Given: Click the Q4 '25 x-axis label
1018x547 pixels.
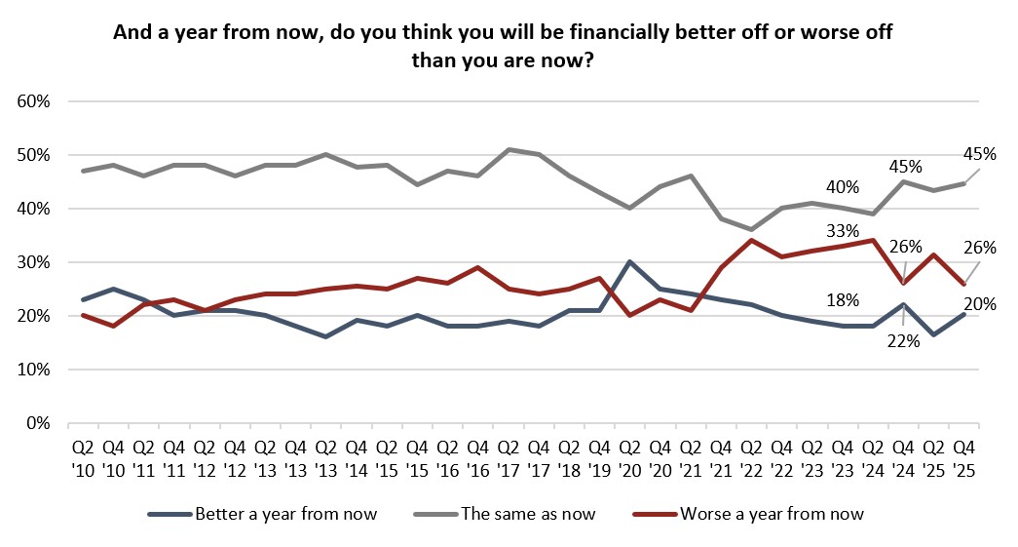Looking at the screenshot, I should (964, 457).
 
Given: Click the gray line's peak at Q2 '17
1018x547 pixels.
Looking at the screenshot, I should (508, 149).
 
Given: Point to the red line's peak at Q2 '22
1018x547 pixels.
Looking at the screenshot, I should (751, 240).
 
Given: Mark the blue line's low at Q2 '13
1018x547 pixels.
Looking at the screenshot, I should (325, 336).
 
